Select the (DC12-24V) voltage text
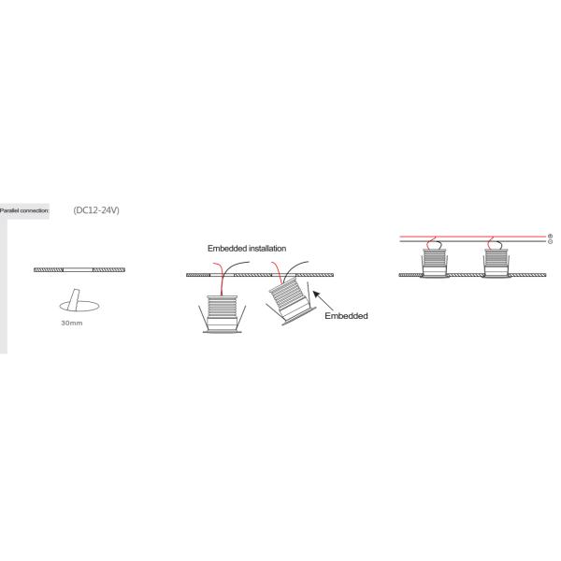click(96, 210)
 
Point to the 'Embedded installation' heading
click(246, 249)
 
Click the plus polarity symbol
click(550, 236)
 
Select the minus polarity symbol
click(550, 242)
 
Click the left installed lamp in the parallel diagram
click(433, 263)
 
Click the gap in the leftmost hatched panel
click(78, 269)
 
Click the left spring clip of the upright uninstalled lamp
click(201, 315)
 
